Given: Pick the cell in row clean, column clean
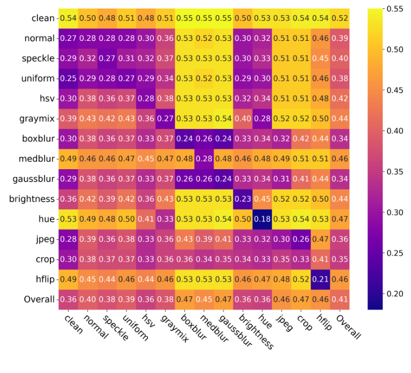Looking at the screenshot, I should click(67, 19).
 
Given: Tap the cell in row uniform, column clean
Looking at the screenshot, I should click(67, 79).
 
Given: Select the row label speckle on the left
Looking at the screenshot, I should click(38, 58).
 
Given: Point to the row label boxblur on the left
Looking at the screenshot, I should click(37, 139).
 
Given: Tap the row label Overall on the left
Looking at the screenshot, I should click(39, 299).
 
